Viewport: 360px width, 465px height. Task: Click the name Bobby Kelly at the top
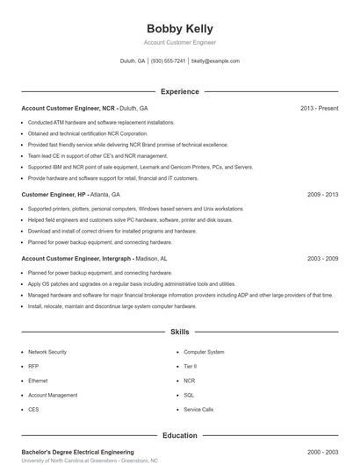click(179, 29)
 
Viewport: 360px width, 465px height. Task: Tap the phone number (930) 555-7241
click(168, 61)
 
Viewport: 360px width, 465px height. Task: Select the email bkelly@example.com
click(215, 61)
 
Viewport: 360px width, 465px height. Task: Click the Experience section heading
click(179, 91)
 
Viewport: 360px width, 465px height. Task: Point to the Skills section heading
click(179, 333)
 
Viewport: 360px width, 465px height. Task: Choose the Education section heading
click(179, 435)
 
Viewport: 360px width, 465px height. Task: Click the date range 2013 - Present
click(319, 108)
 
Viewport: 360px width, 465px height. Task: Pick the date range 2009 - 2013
click(322, 194)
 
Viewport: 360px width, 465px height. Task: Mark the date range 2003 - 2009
click(322, 259)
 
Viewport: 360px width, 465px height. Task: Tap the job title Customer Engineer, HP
click(54, 194)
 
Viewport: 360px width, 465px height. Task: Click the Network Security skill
click(47, 352)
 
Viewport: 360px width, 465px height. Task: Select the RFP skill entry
click(33, 366)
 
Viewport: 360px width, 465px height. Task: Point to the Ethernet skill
click(38, 381)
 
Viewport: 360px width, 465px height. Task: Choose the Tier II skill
click(191, 366)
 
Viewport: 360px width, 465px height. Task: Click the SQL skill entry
click(189, 395)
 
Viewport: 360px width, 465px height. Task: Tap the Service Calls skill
click(198, 410)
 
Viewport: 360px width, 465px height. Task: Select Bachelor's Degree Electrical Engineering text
click(77, 451)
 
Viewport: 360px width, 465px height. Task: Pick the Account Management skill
click(53, 395)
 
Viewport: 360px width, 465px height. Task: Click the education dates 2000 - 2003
click(322, 451)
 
